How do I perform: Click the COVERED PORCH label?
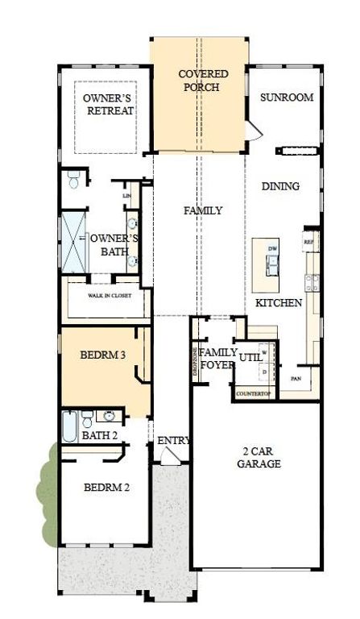[x=202, y=81]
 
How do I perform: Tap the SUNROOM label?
[x=285, y=98]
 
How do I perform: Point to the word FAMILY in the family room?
[x=202, y=210]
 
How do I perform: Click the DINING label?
[x=280, y=186]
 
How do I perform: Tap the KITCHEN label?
[x=279, y=303]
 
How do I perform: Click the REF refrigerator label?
[x=307, y=241]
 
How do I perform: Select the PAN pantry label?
[x=296, y=377]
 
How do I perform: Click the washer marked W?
[x=263, y=352]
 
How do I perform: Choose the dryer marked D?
[x=263, y=372]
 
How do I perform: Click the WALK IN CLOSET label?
[x=110, y=296]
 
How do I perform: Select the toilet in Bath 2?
[x=88, y=417]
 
